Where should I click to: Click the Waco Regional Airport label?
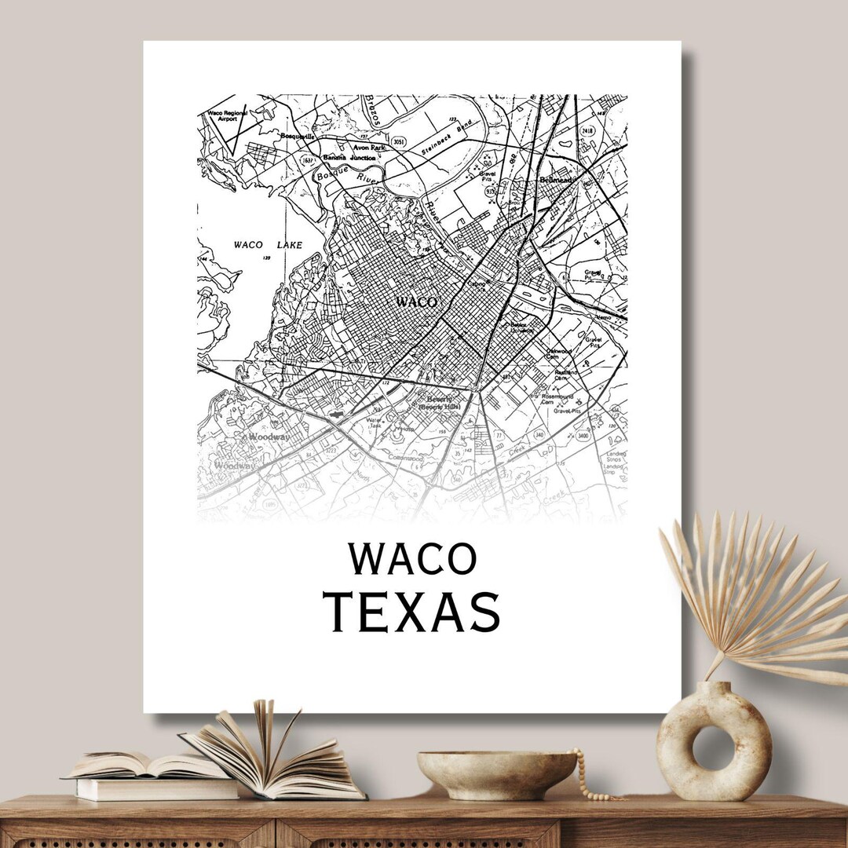click(x=227, y=115)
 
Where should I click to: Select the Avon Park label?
click(x=367, y=147)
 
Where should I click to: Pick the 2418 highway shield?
click(x=587, y=131)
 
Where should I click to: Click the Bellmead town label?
click(x=560, y=181)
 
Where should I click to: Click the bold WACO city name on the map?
click(x=415, y=302)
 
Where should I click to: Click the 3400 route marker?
click(x=582, y=435)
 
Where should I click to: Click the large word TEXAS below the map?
click(x=412, y=612)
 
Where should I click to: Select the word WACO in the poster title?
click(x=412, y=558)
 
